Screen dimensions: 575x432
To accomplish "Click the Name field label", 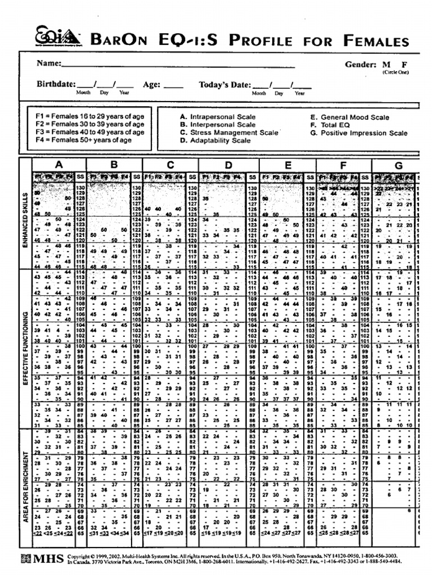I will tap(49, 63).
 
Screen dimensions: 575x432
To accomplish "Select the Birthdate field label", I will tap(56, 84).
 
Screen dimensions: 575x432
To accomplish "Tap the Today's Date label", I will tap(224, 84).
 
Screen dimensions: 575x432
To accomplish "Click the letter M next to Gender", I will tap(386, 65).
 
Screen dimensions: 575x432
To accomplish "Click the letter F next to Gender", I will tap(403, 65).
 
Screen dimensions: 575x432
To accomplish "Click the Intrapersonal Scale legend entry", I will tap(218, 117).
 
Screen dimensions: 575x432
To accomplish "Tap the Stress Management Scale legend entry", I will tap(229, 133).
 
